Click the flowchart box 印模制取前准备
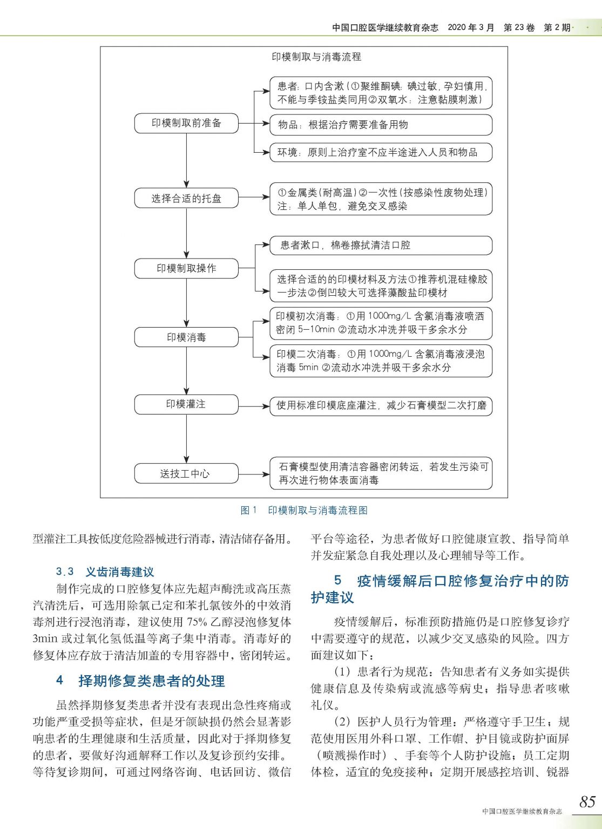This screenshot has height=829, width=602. pyautogui.click(x=186, y=124)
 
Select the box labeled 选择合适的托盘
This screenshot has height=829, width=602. pyautogui.click(x=186, y=199)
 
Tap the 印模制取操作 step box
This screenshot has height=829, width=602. pyautogui.click(x=186, y=268)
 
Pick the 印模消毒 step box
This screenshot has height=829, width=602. pyautogui.click(x=186, y=337)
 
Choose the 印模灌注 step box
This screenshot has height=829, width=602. pyautogui.click(x=186, y=404)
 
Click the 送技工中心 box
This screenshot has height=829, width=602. pyautogui.click(x=186, y=474)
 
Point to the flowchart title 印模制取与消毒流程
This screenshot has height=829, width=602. pyautogui.click(x=316, y=57)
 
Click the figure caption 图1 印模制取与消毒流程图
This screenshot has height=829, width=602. pyautogui.click(x=303, y=510)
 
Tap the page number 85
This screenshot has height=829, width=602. pyautogui.click(x=587, y=801)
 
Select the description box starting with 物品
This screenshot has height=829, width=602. pyautogui.click(x=381, y=125)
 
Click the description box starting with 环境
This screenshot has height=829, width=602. pyautogui.click(x=381, y=152)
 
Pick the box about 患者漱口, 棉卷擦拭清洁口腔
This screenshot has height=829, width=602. pyautogui.click(x=381, y=246)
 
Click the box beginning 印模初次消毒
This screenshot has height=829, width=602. pyautogui.click(x=381, y=323)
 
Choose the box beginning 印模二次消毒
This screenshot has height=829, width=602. pyautogui.click(x=381, y=361)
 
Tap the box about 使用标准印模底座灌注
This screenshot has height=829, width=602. pyautogui.click(x=381, y=405)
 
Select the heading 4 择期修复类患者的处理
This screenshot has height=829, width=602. pyautogui.click(x=140, y=681)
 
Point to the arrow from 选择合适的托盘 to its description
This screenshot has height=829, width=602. pyautogui.click(x=254, y=198)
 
